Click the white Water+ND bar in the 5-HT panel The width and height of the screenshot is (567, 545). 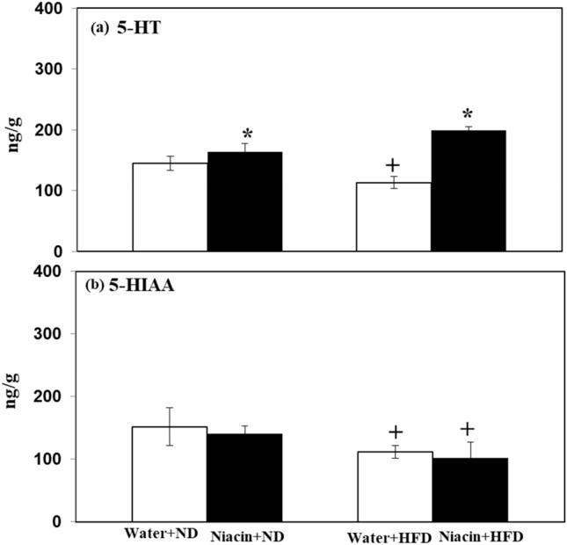(x=170, y=207)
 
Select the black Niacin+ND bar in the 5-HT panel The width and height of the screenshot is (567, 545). (x=244, y=201)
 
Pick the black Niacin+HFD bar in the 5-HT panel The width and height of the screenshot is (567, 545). (x=468, y=191)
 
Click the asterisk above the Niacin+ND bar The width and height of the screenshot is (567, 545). (x=248, y=134)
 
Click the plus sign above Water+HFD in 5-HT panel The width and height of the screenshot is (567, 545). (x=392, y=165)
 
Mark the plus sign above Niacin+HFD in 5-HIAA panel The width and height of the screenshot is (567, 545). (x=467, y=429)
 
